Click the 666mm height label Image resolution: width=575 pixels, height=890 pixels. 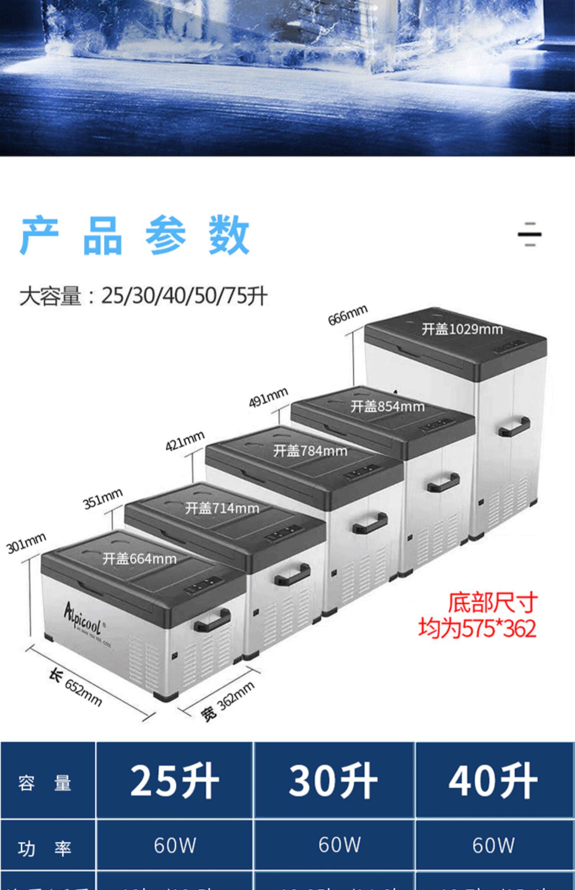click(x=348, y=315)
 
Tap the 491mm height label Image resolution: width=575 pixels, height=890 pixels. click(x=268, y=397)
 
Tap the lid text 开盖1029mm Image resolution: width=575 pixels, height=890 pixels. click(x=462, y=329)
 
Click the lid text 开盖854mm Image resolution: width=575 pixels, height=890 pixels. click(x=387, y=406)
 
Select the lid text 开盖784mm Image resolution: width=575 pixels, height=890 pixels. click(x=310, y=451)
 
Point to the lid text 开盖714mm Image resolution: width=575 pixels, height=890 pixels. click(x=222, y=508)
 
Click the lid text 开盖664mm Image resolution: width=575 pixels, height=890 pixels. click(x=140, y=559)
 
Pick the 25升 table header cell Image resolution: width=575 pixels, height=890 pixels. click(x=174, y=781)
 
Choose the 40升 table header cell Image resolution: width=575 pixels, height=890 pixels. click(x=493, y=781)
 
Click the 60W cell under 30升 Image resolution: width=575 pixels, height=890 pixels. click(x=340, y=845)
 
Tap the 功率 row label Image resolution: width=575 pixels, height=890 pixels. click(x=44, y=849)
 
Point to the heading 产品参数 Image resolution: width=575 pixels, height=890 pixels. click(x=135, y=235)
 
